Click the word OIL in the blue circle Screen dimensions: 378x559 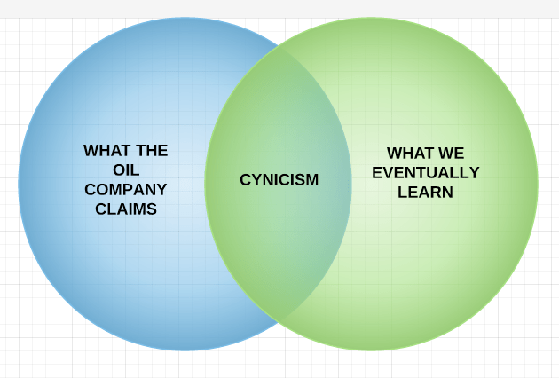125,169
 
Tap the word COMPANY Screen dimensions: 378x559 125,189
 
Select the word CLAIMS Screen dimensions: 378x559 125,209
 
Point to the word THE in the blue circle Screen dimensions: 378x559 151,150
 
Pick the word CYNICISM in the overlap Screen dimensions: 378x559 279,180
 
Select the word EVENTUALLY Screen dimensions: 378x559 425,172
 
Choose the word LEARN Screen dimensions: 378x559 425,192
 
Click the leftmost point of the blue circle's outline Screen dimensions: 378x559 19,184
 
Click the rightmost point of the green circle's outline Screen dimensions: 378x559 538,184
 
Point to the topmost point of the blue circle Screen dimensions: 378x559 185,18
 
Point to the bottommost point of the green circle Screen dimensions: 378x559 371,350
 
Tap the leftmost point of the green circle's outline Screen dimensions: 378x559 205,184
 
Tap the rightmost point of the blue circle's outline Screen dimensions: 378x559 351,184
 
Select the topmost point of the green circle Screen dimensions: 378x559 371,18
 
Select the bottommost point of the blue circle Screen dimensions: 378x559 185,350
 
